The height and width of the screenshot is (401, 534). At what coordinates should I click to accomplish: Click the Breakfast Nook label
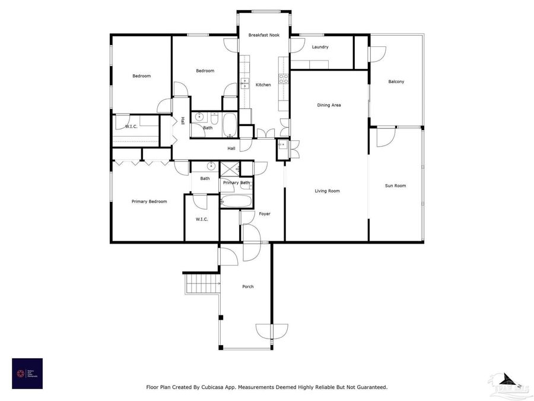(264, 36)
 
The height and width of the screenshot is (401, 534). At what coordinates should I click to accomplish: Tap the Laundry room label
(320, 47)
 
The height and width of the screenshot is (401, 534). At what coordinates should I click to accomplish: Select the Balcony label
(396, 81)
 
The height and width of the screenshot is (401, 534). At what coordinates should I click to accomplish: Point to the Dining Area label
(329, 105)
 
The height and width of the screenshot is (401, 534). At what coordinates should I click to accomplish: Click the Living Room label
(327, 191)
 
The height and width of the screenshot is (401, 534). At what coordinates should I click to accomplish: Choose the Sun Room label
(395, 186)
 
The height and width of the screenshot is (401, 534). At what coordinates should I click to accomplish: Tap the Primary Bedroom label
(149, 201)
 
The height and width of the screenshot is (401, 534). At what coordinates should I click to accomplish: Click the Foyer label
(264, 214)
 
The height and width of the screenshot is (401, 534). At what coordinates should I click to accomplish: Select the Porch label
(248, 286)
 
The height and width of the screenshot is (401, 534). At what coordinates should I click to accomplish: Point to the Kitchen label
(263, 85)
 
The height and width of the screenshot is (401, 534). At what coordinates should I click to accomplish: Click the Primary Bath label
(236, 182)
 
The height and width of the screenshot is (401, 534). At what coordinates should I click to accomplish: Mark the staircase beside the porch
(199, 283)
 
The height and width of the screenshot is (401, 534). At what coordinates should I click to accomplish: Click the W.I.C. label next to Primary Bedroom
(201, 219)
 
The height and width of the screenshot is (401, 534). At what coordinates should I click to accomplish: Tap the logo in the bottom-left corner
(27, 373)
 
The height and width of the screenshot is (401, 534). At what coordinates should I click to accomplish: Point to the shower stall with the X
(228, 169)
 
